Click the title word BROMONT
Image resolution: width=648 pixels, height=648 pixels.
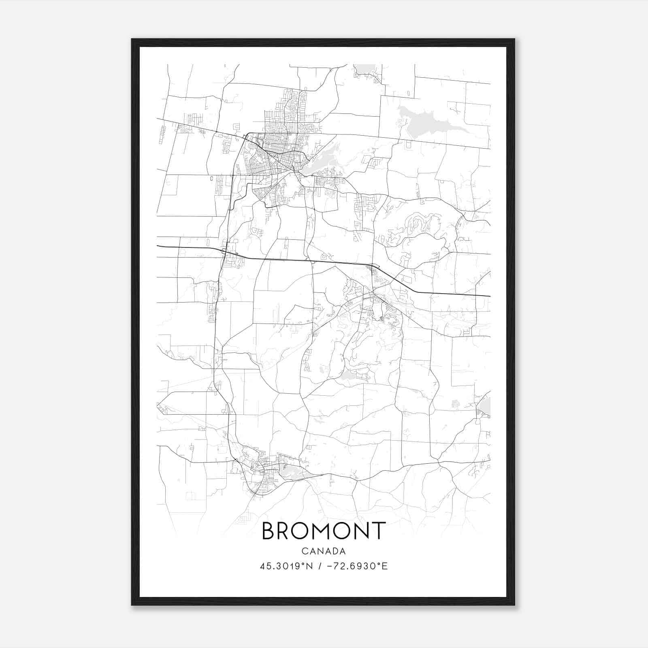[324, 531]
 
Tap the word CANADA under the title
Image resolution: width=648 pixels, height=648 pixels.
[324, 551]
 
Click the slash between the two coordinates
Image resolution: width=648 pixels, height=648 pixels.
[320, 566]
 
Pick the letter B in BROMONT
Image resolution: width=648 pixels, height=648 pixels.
[269, 531]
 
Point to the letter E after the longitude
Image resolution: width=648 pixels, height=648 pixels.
[385, 566]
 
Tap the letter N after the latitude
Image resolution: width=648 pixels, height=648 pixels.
[309, 566]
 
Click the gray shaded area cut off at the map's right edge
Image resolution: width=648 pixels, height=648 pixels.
[485, 406]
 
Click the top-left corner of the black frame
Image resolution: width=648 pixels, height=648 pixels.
[132, 39]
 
